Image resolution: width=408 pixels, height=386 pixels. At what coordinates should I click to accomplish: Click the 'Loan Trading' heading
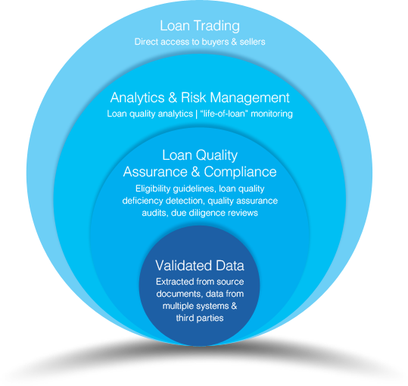(x=200, y=26)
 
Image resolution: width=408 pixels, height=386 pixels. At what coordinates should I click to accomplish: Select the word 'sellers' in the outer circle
(x=252, y=42)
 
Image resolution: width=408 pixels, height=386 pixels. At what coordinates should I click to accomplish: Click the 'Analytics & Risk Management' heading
(x=200, y=98)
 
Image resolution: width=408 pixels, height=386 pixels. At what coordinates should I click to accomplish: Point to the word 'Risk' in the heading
(x=193, y=98)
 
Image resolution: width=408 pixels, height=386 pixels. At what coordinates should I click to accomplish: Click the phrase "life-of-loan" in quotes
(x=223, y=114)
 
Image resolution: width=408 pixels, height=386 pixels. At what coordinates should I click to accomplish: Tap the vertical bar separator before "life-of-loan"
(x=197, y=114)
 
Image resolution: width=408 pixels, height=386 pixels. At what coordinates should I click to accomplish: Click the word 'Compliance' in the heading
(x=240, y=172)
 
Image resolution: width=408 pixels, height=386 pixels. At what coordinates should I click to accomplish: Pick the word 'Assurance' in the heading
(x=155, y=172)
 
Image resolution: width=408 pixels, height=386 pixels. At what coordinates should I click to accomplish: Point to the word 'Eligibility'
(x=153, y=188)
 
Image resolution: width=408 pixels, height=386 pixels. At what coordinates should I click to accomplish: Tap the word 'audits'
(x=154, y=213)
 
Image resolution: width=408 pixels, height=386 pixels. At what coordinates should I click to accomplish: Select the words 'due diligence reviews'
(x=214, y=213)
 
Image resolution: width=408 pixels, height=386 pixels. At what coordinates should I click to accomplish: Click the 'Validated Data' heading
(x=200, y=266)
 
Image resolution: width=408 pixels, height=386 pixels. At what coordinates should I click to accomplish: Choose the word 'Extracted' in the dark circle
(x=175, y=282)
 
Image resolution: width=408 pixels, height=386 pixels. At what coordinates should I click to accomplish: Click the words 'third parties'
(x=200, y=318)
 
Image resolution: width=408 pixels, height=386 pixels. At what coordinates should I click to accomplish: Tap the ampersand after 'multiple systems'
(x=234, y=306)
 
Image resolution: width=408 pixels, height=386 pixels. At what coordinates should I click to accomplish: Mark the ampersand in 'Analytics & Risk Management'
(x=173, y=98)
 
